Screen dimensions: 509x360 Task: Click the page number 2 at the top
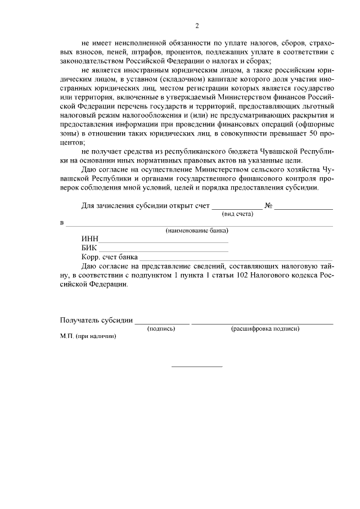coord(197,25)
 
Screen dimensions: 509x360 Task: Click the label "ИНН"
coord(90,239)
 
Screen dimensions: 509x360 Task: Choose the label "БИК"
coord(89,248)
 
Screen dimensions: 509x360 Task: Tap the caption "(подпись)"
coord(161,328)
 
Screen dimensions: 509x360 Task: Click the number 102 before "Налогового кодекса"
coord(246,275)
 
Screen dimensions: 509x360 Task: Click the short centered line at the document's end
coord(197,367)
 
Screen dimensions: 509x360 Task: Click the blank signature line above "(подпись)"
coord(161,323)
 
